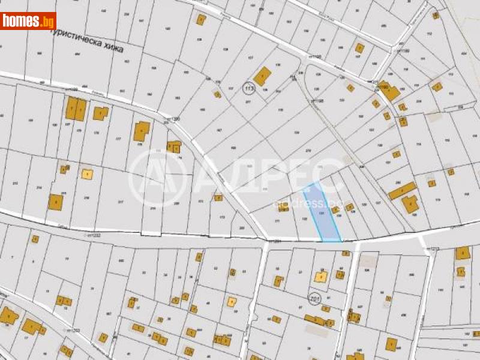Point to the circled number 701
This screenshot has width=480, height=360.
(x=313, y=298)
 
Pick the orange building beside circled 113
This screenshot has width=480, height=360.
(x=262, y=76)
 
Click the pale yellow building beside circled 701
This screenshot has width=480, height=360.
(x=321, y=277)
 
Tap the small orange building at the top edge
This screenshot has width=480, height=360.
(x=200, y=19)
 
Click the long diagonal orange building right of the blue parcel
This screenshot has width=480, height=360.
(x=402, y=191)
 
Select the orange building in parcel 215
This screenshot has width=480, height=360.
(x=56, y=202)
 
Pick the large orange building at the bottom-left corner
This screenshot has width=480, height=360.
(x=8, y=315)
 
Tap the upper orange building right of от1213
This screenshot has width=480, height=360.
(x=463, y=253)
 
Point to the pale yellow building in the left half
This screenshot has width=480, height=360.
(x=88, y=174)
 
